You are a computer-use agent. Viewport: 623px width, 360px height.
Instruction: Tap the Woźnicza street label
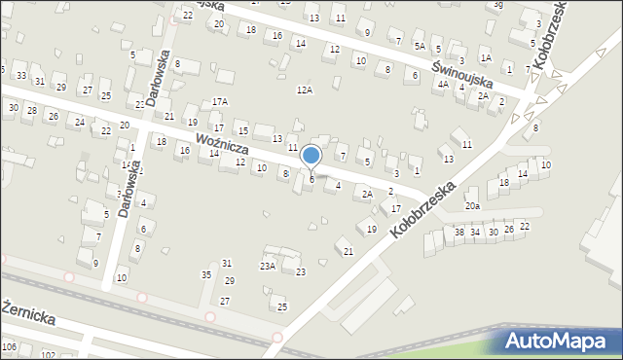pos(223,146)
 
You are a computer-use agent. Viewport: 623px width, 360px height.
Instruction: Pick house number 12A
pos(305,90)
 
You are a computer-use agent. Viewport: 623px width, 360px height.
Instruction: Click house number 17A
pos(220,101)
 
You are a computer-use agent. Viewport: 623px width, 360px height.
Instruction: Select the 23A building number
pos(267,265)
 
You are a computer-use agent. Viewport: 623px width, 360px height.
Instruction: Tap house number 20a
pos(472,206)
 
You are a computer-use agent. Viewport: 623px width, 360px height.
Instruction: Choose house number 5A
pos(420,46)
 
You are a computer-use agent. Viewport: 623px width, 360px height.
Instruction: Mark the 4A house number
pos(443,85)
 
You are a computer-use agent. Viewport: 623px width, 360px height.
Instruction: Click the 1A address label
pos(485,58)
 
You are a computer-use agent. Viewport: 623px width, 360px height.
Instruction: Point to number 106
pos(10,346)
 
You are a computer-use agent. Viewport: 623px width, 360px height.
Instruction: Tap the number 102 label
pos(48,356)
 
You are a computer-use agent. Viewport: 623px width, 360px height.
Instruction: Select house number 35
pos(206,275)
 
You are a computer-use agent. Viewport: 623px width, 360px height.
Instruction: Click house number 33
pos(20,77)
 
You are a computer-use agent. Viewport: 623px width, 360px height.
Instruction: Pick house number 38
pos(459,232)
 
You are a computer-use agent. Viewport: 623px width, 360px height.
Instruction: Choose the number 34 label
pos(476,232)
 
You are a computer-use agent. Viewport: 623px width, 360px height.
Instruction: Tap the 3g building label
pos(497,4)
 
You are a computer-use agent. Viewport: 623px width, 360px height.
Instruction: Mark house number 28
pos(31,111)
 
